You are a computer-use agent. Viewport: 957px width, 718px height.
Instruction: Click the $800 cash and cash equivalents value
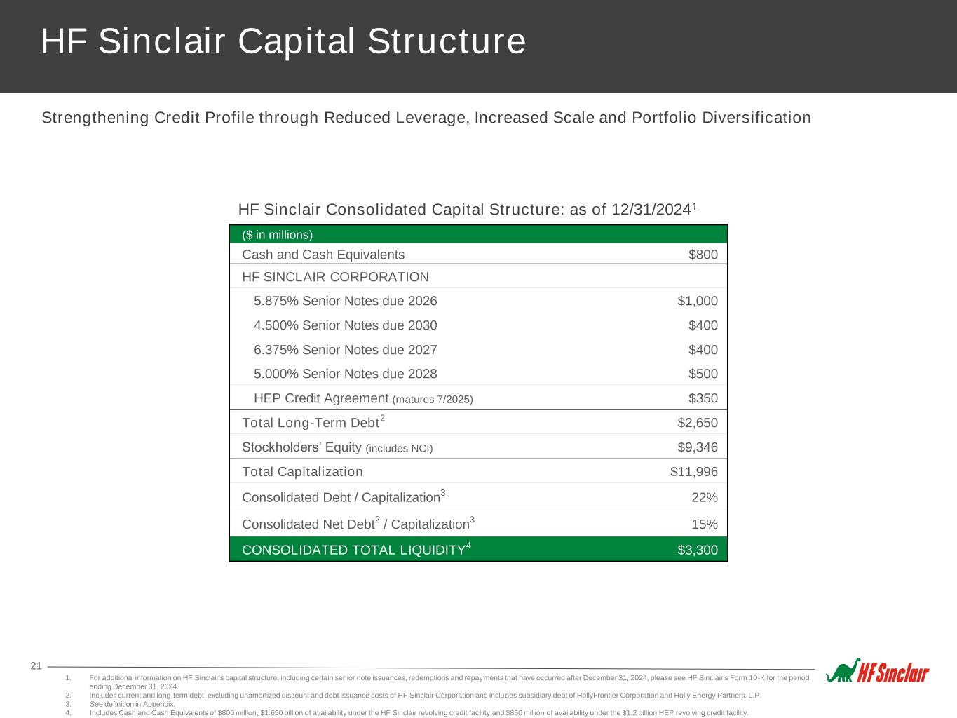click(703, 254)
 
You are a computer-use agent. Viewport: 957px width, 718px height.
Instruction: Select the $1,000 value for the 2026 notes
click(698, 301)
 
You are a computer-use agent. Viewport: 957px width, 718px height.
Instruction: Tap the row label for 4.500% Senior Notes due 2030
click(346, 325)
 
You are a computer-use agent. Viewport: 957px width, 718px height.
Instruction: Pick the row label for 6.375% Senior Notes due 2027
click(346, 350)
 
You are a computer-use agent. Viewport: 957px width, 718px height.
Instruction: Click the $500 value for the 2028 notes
click(703, 374)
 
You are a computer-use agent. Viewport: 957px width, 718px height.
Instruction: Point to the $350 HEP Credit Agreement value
click(703, 398)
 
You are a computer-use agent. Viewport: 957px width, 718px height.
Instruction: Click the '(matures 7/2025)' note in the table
click(433, 400)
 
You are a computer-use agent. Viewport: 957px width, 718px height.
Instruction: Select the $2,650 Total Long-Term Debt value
click(698, 422)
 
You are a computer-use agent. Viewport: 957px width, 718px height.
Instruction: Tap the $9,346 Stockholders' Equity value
click(698, 447)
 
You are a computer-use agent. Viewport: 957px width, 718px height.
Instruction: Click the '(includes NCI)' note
click(399, 448)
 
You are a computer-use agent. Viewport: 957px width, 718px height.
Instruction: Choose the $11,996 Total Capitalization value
click(693, 471)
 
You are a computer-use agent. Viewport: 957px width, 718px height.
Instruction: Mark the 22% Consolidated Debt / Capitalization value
click(705, 497)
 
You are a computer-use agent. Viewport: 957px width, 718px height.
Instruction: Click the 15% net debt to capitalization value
click(705, 524)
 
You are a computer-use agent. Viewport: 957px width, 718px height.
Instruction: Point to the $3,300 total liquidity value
click(698, 550)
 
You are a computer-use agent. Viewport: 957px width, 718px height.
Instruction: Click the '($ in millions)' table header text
click(278, 235)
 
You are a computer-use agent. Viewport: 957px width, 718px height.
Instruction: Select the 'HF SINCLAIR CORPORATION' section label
click(335, 277)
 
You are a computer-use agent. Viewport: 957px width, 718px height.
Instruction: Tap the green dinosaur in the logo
click(843, 671)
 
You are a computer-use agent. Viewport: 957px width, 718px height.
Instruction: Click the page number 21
click(36, 665)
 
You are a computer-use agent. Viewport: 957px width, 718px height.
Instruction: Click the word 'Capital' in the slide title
click(296, 41)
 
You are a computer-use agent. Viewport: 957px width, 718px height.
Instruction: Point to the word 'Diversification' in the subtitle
click(756, 118)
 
